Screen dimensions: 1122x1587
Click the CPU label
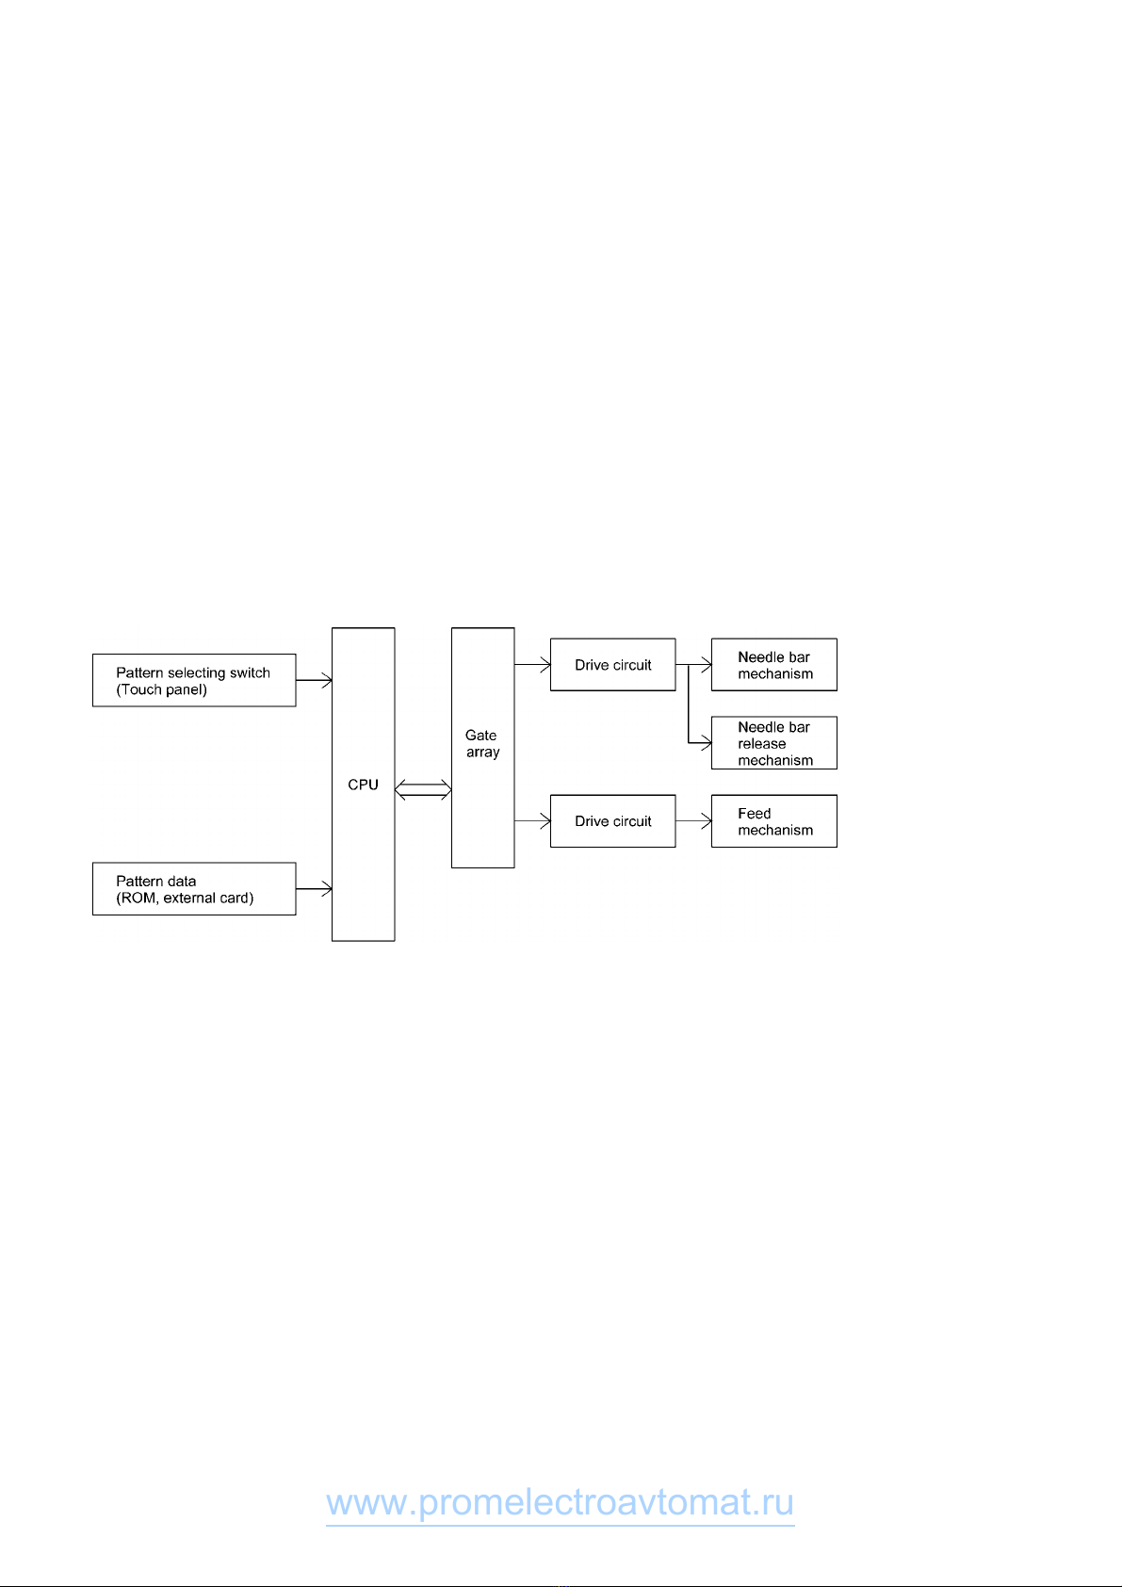click(x=363, y=785)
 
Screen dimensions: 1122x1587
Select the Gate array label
click(x=482, y=744)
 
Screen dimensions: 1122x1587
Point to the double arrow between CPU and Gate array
click(x=423, y=789)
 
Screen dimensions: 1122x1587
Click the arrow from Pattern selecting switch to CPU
click(x=314, y=680)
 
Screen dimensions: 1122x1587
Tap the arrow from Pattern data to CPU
click(x=314, y=888)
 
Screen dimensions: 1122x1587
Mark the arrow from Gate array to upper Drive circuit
click(x=532, y=665)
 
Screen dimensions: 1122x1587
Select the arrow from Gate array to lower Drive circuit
click(x=532, y=821)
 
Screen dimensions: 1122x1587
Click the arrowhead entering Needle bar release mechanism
click(x=707, y=743)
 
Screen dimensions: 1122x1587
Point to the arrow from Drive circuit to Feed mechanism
click(x=694, y=821)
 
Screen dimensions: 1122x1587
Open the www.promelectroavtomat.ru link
click(x=560, y=1502)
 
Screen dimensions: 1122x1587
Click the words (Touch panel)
click(x=162, y=690)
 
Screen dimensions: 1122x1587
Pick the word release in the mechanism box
click(x=762, y=744)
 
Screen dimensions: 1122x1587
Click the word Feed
click(x=755, y=814)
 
